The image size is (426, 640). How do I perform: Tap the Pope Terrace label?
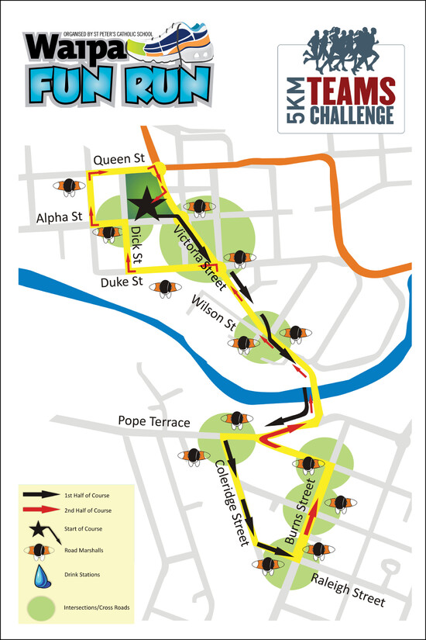pyautogui.click(x=154, y=422)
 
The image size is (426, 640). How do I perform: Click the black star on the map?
pyautogui.click(x=144, y=206)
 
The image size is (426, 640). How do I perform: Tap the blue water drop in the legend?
pyautogui.click(x=40, y=576)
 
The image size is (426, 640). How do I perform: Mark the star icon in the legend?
pyautogui.click(x=41, y=530)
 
